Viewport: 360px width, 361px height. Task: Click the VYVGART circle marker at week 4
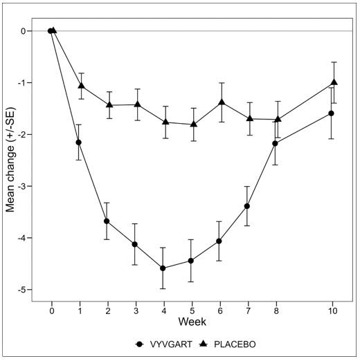pos(163,268)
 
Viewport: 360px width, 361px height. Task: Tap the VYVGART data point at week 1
pos(78,142)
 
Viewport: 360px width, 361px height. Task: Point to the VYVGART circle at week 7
pos(247,206)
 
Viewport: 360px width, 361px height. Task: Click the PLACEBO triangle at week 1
pos(82,86)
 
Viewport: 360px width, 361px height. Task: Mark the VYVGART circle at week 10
pos(332,113)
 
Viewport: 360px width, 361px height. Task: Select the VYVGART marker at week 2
pos(107,221)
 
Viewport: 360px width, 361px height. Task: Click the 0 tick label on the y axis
pos(24,31)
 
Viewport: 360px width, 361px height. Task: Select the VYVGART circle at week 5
pos(191,261)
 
